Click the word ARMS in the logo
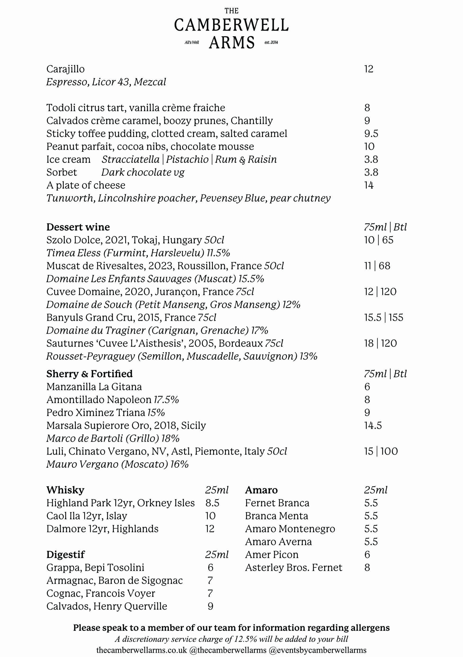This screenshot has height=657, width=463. point(232,43)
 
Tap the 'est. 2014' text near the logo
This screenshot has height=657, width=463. point(271,42)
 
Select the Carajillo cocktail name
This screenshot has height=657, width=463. point(65,69)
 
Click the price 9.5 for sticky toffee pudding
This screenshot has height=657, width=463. point(371,134)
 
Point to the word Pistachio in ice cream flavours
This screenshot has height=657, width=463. point(187,159)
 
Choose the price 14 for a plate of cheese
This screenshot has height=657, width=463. point(369,185)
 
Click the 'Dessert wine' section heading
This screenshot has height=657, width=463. point(78,227)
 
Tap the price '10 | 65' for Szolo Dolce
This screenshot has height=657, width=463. point(379,240)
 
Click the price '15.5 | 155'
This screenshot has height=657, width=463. point(384,318)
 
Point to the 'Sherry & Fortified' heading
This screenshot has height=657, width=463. point(89,374)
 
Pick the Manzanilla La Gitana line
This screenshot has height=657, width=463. point(94,387)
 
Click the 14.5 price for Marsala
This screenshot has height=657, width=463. point(373,426)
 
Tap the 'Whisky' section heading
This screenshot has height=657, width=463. point(65,490)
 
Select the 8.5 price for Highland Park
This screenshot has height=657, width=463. point(212,503)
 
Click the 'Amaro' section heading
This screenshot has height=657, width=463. point(261,490)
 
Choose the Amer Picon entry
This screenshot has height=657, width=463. point(272,555)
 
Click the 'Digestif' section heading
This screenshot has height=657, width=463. point(65,555)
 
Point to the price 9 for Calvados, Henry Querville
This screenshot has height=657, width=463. point(210,606)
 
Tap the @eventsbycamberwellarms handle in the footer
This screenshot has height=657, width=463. point(317,650)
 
